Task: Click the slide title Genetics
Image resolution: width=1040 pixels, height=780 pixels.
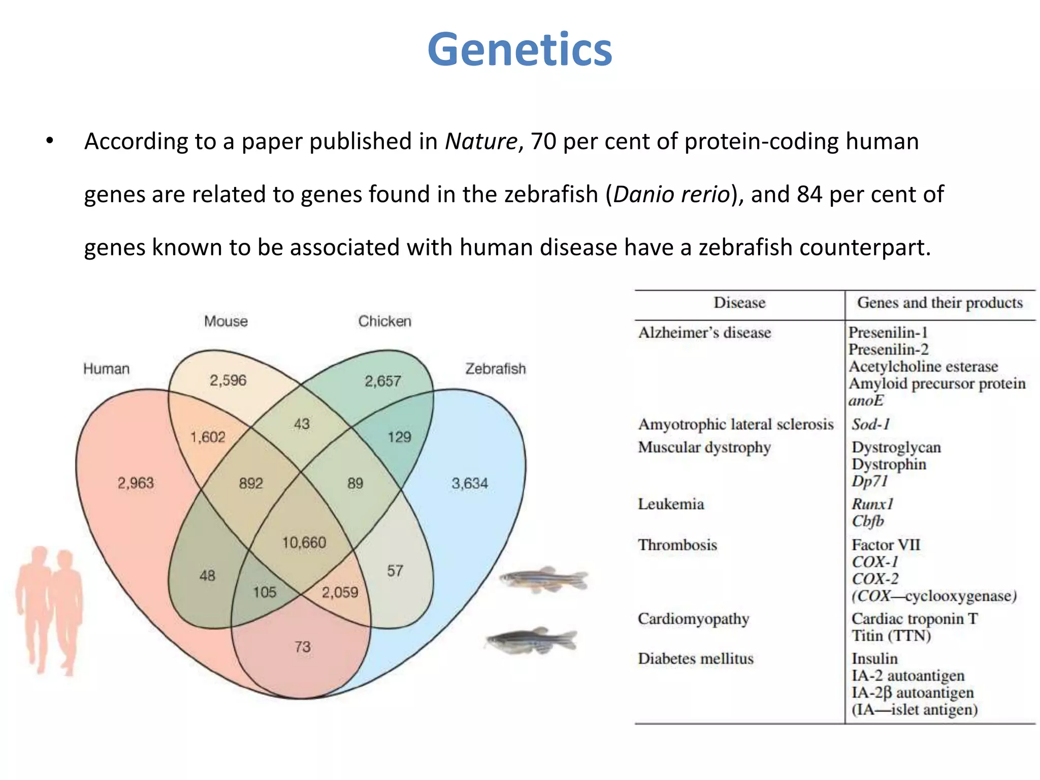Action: tap(519, 50)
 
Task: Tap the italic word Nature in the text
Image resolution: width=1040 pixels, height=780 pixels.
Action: tap(480, 142)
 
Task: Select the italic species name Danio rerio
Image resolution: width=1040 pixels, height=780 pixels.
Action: tap(671, 194)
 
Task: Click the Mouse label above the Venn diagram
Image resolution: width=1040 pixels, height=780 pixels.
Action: tap(226, 321)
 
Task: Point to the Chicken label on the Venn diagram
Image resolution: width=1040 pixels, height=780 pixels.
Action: tap(384, 321)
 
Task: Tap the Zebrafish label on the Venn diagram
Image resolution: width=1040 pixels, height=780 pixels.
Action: tap(495, 369)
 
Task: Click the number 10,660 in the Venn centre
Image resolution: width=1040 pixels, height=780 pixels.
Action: tap(304, 543)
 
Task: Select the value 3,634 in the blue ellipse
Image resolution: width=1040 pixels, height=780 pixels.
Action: tap(470, 483)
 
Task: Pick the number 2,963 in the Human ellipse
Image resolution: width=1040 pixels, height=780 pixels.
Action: tap(136, 483)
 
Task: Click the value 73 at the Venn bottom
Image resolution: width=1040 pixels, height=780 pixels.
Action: tap(303, 647)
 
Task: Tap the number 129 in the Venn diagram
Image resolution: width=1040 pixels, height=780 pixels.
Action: tap(399, 437)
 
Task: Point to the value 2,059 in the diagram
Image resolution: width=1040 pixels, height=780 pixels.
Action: tap(340, 592)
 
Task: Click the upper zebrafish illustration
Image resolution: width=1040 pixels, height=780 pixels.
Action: tap(543, 580)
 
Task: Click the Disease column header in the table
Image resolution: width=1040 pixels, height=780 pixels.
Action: tap(739, 303)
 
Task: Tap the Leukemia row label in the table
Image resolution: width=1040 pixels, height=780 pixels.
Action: tap(671, 504)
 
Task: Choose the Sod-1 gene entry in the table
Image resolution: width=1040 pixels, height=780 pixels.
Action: tap(870, 424)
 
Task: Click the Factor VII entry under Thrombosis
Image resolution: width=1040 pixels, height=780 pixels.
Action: tap(886, 545)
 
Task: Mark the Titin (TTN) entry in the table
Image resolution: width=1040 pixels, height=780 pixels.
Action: tap(891, 636)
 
